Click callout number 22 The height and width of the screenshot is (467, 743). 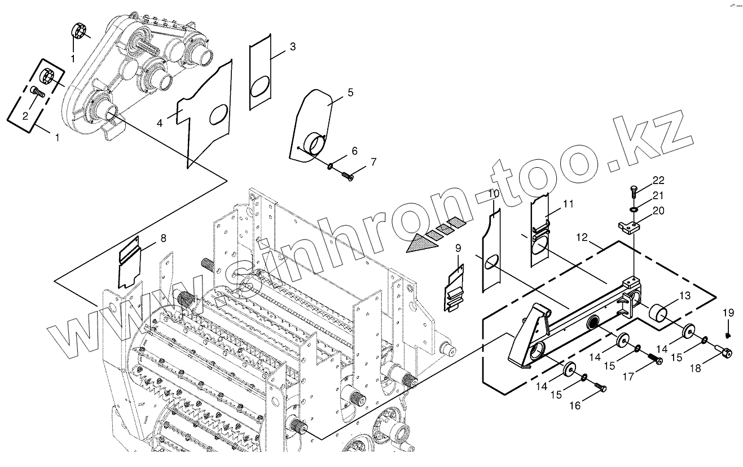[x=658, y=181]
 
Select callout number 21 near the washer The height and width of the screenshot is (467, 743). [x=658, y=195]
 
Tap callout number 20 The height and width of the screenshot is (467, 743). [x=658, y=211]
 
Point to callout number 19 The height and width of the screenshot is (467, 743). [x=728, y=313]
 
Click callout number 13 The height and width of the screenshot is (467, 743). [x=684, y=295]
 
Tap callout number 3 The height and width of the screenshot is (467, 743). [x=293, y=47]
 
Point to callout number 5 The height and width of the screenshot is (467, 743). [x=350, y=92]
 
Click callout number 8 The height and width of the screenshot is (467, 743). [x=163, y=238]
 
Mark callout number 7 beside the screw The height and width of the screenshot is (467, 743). [x=373, y=162]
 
